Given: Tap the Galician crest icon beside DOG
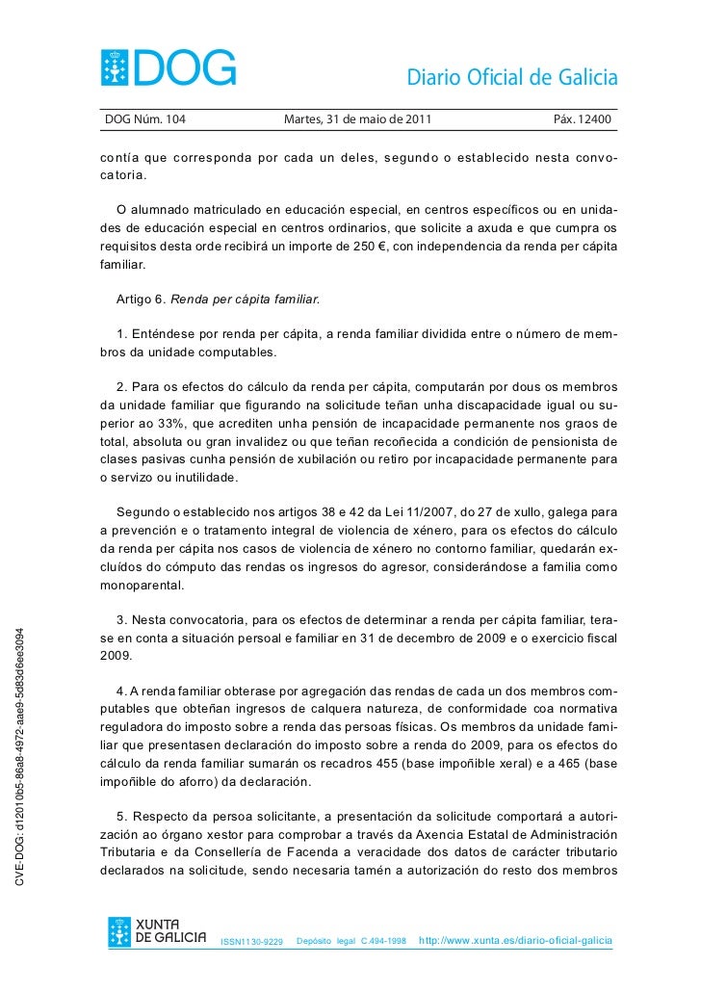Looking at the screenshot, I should point(120,66).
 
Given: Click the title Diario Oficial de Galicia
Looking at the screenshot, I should point(512,78).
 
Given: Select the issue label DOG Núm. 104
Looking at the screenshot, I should point(145,120).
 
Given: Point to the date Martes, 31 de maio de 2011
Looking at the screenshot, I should point(358,120).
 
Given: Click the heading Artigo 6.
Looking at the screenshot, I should point(141,300).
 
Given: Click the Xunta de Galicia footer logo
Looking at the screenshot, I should point(157,932).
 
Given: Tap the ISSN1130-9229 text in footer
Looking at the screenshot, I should point(252,940).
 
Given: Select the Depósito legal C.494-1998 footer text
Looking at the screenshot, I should point(351,940).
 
